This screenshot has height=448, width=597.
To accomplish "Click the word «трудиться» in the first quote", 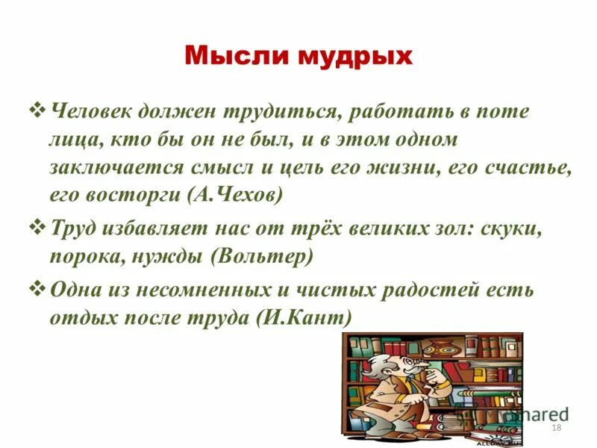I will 284,112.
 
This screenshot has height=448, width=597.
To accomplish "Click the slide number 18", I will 555,426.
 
